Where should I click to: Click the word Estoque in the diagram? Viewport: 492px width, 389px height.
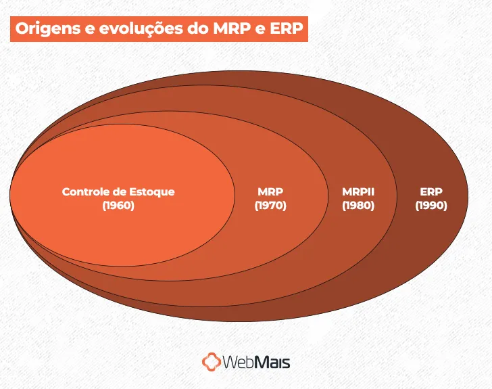[x=152, y=191]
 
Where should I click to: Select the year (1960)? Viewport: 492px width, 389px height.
[x=118, y=206]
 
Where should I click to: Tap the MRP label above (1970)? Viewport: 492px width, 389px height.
[x=270, y=191]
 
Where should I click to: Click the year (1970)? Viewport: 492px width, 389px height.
[x=270, y=206]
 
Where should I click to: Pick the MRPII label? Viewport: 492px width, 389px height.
[x=358, y=191]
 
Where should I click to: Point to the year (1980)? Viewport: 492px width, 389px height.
[x=358, y=206]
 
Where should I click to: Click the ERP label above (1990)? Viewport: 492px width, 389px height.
[x=431, y=191]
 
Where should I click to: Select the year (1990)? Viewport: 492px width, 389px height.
[x=431, y=206]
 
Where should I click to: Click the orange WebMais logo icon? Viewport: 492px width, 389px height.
[x=212, y=362]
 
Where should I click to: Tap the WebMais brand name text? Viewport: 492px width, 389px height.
[x=257, y=362]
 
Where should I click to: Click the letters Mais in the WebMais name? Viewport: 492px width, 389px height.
[x=273, y=362]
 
